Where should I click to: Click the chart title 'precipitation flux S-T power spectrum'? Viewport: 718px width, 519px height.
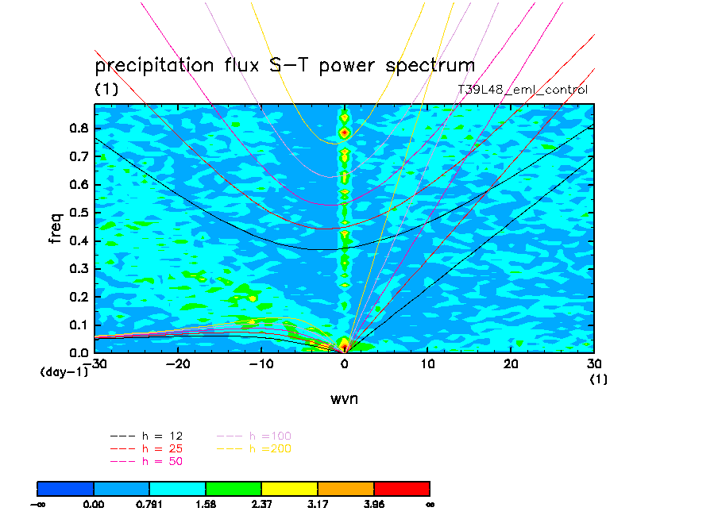[x=284, y=65]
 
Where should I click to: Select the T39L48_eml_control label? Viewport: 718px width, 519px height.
[x=523, y=90]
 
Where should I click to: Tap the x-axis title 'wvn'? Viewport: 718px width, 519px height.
[x=344, y=398]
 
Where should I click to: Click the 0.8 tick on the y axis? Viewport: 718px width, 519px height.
[x=78, y=129]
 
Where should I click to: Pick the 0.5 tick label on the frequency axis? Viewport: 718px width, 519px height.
[x=78, y=213]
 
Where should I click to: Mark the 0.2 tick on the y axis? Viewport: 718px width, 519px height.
[x=78, y=297]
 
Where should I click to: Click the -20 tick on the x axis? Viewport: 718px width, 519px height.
[x=177, y=363]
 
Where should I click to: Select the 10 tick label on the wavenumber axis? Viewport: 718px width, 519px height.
[x=428, y=363]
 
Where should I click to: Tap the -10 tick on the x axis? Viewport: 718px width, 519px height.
[x=261, y=363]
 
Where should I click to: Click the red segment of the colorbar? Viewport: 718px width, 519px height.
[x=401, y=487]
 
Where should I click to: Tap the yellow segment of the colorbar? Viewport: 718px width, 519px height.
[x=289, y=487]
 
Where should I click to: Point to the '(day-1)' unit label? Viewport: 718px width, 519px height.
[x=64, y=371]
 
